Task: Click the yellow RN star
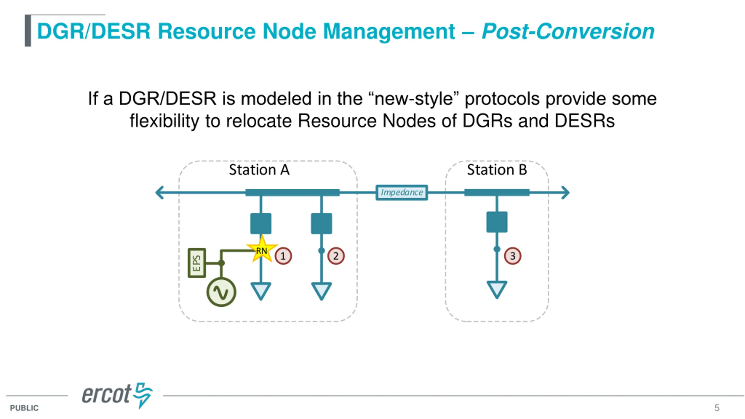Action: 262,249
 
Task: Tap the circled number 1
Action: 283,256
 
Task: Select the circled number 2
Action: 336,256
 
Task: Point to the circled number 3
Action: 512,256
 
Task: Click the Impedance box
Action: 402,192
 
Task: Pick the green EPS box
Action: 197,263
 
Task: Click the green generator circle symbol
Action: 221,292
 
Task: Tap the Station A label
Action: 259,170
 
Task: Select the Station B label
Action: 497,170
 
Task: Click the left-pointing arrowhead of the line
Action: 160,193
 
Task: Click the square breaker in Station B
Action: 497,222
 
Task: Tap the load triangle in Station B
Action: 497,289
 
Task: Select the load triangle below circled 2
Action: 321,290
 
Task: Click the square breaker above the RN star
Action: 261,223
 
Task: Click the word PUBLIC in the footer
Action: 24,408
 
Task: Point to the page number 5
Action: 717,408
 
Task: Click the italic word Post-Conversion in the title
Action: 568,31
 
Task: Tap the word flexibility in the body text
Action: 164,121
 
